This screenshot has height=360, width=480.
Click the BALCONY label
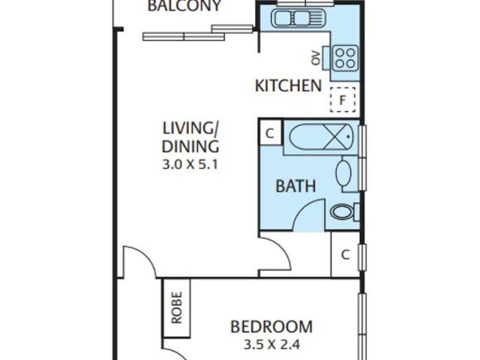pos(184,5)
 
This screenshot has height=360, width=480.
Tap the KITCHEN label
pos(288,85)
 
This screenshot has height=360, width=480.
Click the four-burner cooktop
pos(346,58)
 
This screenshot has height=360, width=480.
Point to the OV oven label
pos(316,58)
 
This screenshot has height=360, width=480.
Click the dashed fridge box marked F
pos(343,100)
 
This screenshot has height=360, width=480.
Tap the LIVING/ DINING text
pos(190,137)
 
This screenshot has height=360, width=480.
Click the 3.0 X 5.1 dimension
pos(190,165)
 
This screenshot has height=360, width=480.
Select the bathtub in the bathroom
pos(321,136)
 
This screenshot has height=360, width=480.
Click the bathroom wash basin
pos(343,172)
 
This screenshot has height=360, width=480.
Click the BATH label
pos(295,186)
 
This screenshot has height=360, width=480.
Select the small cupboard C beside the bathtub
pos(271,133)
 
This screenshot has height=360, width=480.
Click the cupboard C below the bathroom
pos(345,254)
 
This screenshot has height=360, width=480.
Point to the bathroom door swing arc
pos(301,208)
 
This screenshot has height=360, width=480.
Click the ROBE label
pos(177,307)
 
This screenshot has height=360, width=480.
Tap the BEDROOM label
pos(271,327)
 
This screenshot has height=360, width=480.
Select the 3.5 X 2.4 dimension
pos(271,345)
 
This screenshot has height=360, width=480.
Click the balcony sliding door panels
pos(198,33)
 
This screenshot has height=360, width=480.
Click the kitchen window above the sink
pos(305,3)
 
